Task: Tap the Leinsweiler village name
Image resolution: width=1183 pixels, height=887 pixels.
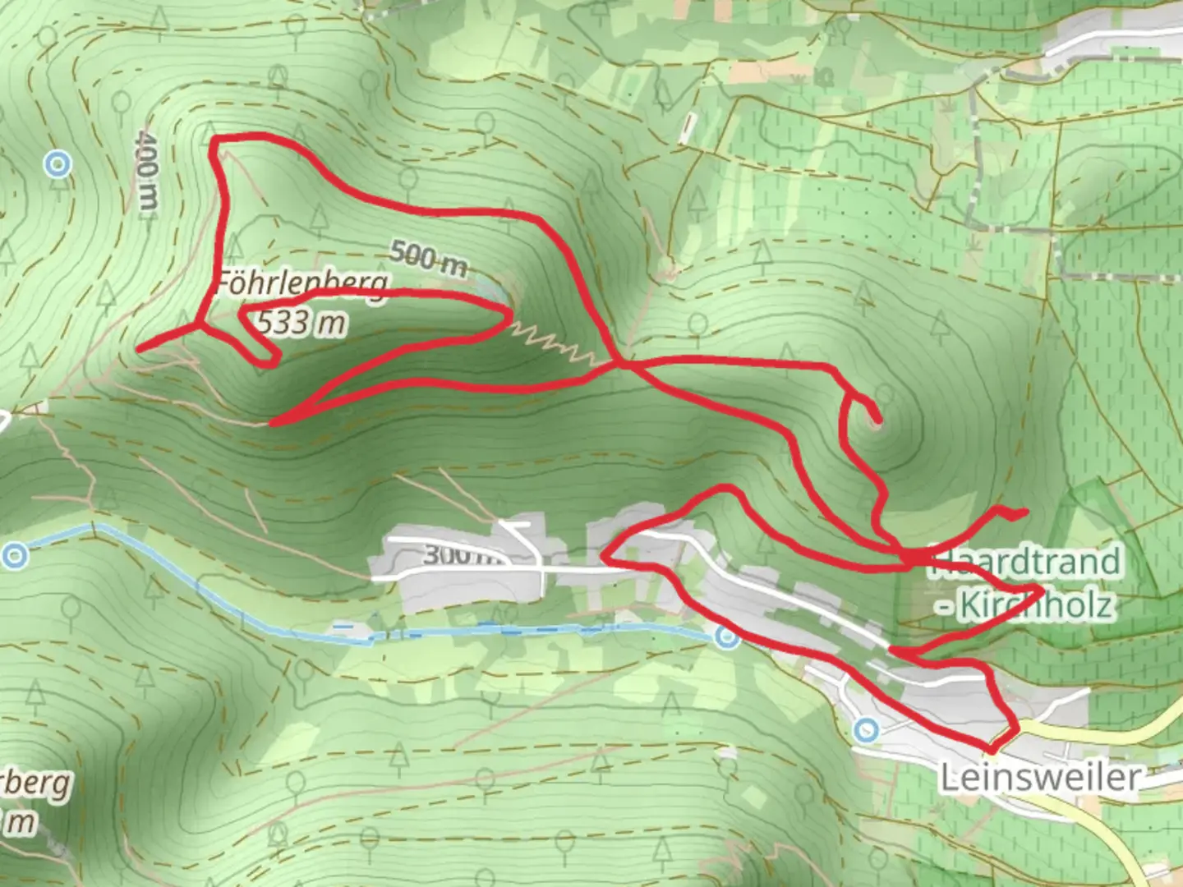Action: (1040, 777)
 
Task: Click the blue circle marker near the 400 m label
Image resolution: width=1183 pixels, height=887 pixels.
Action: (58, 165)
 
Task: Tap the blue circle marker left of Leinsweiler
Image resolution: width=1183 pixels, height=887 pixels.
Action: (866, 729)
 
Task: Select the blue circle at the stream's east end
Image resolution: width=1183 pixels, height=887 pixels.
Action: (726, 637)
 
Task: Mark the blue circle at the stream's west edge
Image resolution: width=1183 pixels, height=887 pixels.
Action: (15, 556)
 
